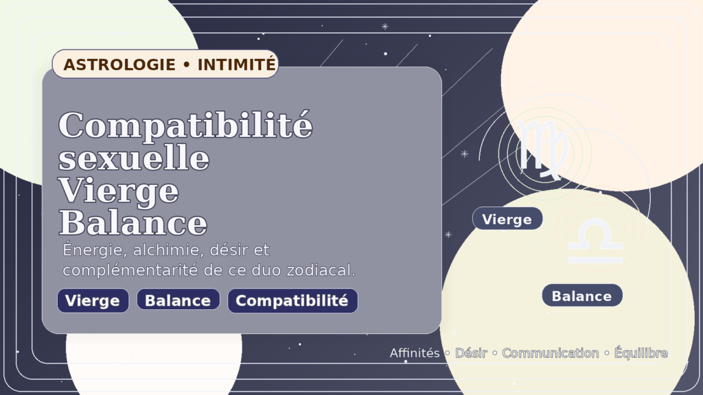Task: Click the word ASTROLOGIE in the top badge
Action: pos(119,64)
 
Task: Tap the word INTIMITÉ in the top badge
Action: pos(237,64)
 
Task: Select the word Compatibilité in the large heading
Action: pos(185,125)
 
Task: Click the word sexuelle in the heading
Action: pos(134,158)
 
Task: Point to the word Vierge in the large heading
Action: pos(119,191)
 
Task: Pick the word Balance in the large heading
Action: pos(132,223)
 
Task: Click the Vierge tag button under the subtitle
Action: pos(93,300)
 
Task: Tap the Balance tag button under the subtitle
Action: pos(178,300)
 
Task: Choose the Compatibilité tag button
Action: pos(292,300)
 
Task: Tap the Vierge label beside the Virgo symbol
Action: pos(507,219)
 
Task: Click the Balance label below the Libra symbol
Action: pos(581,296)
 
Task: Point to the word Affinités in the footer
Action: pos(415,353)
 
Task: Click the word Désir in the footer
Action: pos(471,353)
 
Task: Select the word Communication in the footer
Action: pos(551,353)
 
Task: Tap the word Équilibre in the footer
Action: pos(641,353)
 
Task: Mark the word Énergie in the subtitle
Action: pos(89,250)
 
